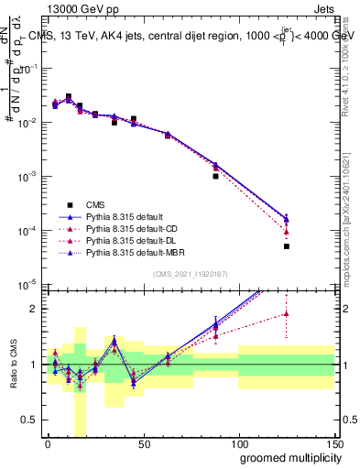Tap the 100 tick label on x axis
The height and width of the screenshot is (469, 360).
pos(238,443)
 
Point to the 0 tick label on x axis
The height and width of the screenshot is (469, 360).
pos(48,443)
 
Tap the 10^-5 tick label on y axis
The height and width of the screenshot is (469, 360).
pos(27,284)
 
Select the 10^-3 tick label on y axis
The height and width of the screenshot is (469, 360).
pos(27,176)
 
